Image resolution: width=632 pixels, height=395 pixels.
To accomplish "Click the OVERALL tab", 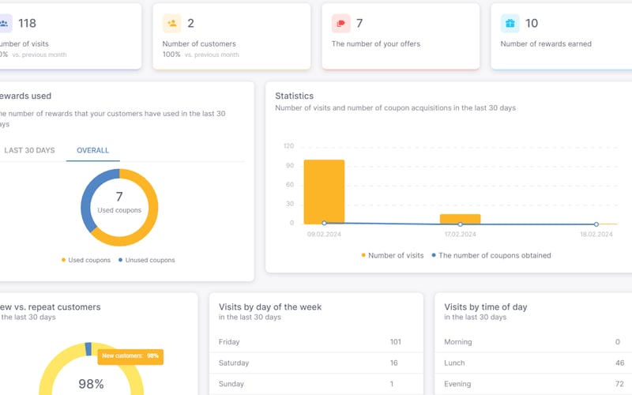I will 92,150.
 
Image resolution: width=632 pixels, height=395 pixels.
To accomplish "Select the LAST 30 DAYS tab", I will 29,150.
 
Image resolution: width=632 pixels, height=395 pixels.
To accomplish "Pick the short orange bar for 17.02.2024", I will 460,219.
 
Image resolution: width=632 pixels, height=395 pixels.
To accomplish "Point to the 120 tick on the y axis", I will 288,146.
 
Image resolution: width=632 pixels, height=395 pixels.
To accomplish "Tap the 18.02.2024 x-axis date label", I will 596,235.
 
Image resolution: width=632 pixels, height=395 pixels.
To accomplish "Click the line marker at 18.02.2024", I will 596,224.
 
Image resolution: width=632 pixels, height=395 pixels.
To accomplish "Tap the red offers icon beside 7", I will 341,24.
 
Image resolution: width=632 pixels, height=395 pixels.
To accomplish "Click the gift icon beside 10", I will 510,24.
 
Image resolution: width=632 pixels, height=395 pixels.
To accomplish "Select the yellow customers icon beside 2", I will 172,24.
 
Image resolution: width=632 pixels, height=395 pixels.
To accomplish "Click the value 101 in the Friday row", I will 395,342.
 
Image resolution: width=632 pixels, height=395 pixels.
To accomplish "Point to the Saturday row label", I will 233,363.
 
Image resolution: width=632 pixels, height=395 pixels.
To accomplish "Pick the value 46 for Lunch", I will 619,363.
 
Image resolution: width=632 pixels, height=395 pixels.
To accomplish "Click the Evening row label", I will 457,384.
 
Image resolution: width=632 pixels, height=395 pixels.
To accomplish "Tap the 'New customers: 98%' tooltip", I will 130,356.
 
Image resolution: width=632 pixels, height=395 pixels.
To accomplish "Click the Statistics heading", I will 294,96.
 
